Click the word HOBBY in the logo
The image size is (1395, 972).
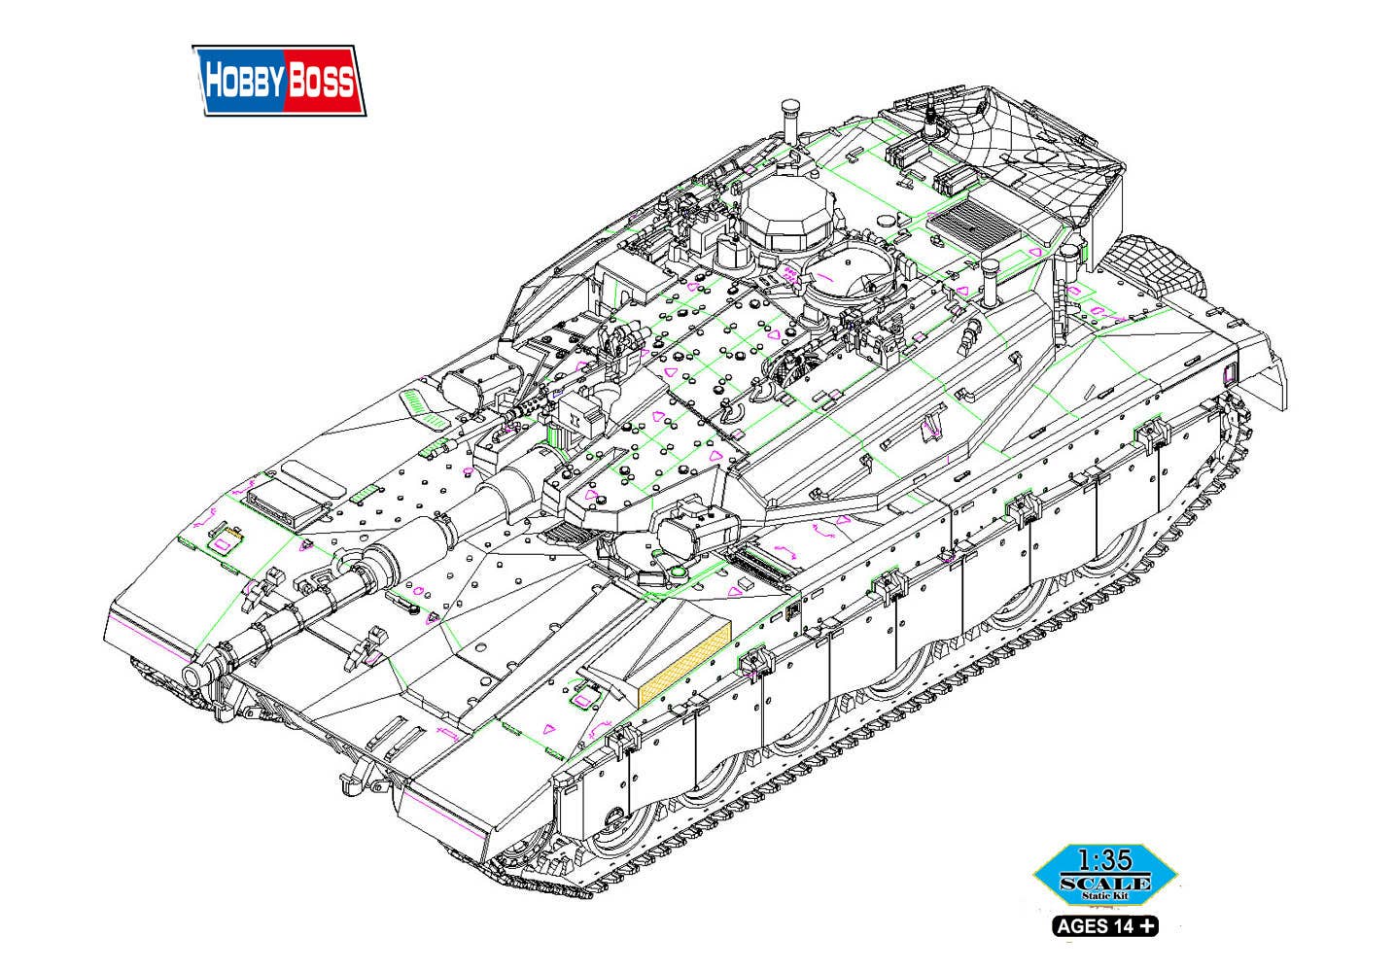click(x=245, y=81)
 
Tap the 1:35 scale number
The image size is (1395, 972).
click(x=1104, y=860)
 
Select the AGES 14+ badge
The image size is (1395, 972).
click(x=1104, y=926)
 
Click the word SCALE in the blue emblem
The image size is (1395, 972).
click(x=1104, y=883)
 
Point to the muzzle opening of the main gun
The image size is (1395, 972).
click(x=193, y=675)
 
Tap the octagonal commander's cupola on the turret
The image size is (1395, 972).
click(x=787, y=215)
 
